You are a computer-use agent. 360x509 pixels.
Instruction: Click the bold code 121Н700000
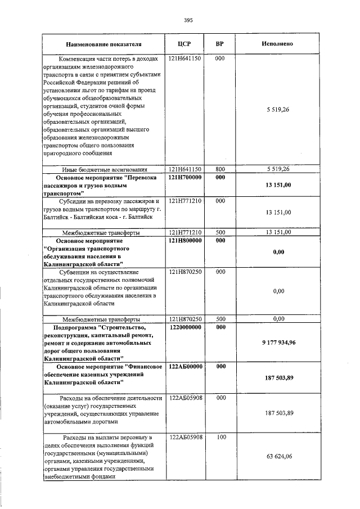click(x=184, y=178)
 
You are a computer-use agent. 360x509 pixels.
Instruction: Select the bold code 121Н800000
click(x=184, y=241)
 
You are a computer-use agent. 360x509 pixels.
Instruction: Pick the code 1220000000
click(x=184, y=327)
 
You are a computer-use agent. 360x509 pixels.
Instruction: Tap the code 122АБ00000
click(x=184, y=366)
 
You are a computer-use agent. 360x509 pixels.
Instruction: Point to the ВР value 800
click(x=220, y=169)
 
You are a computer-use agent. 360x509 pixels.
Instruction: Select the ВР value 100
click(x=220, y=436)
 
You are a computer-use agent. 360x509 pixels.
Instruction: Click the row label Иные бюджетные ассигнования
click(x=104, y=169)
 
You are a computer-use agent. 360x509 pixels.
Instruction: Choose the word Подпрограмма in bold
click(x=74, y=327)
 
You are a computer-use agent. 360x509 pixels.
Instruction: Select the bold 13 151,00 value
click(x=278, y=193)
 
